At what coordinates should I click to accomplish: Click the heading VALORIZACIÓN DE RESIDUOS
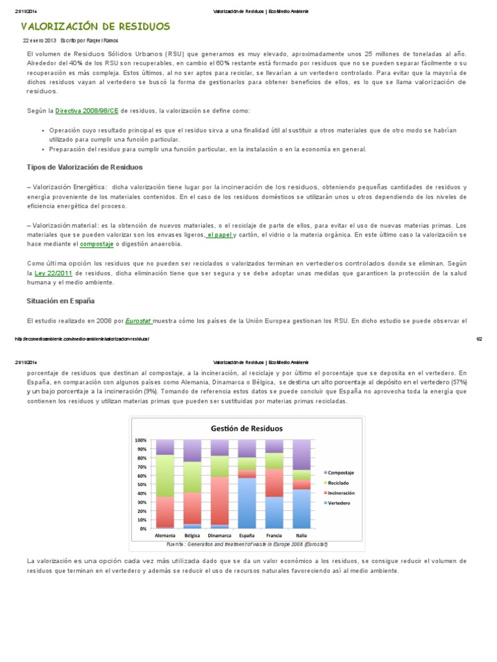(96, 27)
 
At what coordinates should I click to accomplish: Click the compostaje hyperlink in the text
(96, 244)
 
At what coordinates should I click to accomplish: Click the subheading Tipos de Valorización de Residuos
(84, 167)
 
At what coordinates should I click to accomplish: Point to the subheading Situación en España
(60, 301)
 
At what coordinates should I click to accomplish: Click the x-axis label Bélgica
(192, 536)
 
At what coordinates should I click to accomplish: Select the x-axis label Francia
(274, 536)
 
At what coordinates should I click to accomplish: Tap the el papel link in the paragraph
(219, 235)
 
